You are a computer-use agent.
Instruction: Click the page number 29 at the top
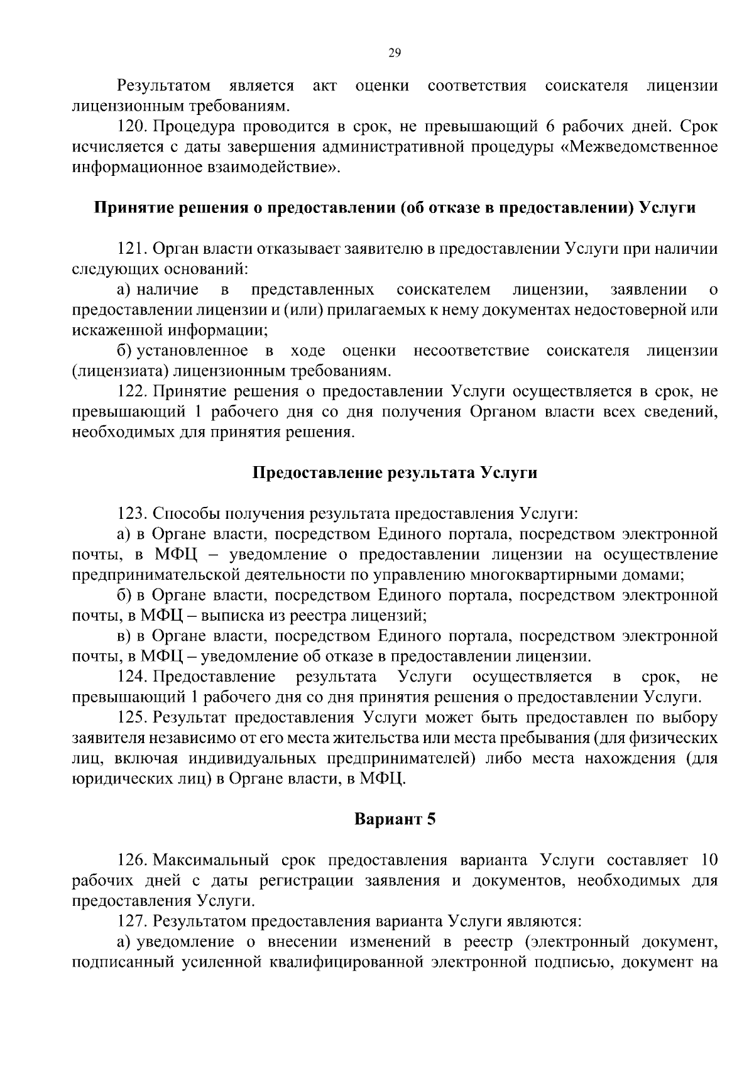coord(395,53)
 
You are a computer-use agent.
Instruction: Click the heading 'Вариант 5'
coord(395,820)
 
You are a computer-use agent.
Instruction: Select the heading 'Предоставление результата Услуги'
coord(395,472)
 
